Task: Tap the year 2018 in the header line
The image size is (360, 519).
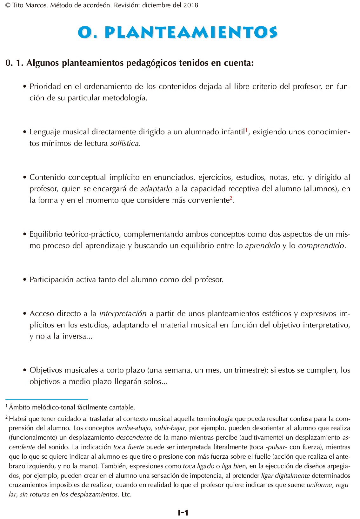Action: [191, 5]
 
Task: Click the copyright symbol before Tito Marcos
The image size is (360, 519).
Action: [8, 5]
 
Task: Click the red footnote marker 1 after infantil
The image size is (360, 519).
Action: [246, 130]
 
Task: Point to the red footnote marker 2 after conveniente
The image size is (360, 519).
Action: [231, 198]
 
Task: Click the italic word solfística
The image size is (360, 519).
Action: [124, 143]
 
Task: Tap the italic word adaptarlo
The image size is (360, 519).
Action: [156, 189]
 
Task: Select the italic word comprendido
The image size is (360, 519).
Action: [321, 246]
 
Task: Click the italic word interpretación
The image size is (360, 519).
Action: [123, 313]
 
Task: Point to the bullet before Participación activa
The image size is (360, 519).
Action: [25, 280]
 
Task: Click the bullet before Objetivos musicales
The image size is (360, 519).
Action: [25, 370]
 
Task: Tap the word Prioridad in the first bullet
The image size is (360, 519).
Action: [45, 86]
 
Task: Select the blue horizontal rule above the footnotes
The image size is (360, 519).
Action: [47, 399]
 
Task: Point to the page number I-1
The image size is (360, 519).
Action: [183, 512]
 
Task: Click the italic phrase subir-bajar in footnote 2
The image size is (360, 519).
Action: [170, 428]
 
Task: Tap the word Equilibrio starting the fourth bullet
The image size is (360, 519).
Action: [48, 234]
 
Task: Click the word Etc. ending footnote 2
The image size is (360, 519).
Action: [126, 494]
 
